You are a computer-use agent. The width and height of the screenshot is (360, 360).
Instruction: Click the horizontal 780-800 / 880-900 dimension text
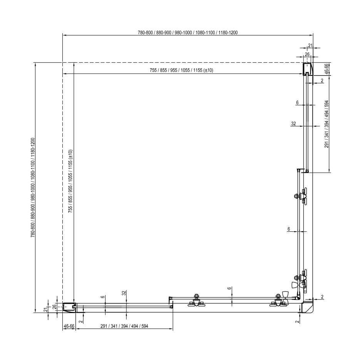[x=188, y=33]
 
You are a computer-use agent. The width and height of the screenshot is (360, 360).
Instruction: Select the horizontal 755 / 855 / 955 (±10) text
[x=181, y=70]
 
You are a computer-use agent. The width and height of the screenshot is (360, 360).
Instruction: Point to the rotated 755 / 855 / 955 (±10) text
[x=70, y=181]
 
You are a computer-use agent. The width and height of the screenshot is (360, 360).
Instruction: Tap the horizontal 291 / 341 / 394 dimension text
[x=124, y=326]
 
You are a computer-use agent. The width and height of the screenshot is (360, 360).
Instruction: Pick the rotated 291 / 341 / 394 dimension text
[x=327, y=124]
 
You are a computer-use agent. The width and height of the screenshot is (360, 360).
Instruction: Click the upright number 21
[x=310, y=45]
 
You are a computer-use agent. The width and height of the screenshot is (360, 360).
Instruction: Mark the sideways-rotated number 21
[x=46, y=310]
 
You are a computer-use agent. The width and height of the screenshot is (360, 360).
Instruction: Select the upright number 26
[x=307, y=54]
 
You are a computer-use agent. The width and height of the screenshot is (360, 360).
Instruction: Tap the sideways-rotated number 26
[x=54, y=307]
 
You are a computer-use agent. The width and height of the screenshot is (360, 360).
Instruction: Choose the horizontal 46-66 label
[x=69, y=326]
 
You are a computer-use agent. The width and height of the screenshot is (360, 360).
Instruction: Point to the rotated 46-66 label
[x=327, y=69]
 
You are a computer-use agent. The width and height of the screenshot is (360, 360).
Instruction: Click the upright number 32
[x=293, y=124]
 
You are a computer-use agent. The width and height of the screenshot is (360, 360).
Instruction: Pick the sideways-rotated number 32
[x=124, y=293]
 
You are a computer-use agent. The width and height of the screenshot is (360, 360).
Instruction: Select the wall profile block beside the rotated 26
[x=69, y=308]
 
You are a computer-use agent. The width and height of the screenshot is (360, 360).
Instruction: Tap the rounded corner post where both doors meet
[x=307, y=307]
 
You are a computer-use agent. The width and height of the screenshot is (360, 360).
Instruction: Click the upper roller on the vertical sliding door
[x=301, y=196]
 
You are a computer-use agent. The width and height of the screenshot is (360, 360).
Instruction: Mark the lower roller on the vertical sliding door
[x=301, y=278]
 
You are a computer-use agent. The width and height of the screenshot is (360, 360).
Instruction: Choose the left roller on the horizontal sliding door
[x=196, y=301]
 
